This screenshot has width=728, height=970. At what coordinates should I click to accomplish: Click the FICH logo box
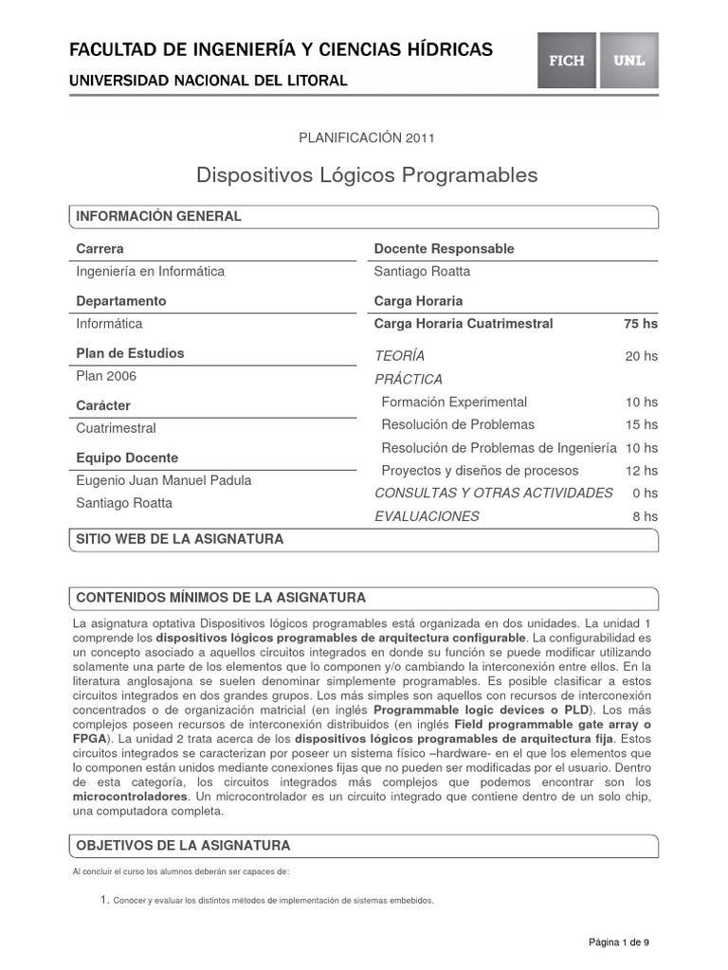pos(567,61)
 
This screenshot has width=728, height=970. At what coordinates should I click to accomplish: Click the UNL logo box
pos(628,61)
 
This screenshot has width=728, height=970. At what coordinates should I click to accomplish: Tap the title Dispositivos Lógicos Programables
pos(367,175)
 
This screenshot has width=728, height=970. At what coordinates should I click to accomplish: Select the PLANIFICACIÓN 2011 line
pos(367,137)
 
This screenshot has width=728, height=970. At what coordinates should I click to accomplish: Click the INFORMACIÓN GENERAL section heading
pos(159,217)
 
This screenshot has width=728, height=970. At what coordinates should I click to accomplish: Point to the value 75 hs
pos(640,324)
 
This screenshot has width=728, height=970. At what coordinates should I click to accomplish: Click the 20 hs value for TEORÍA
pos(642,356)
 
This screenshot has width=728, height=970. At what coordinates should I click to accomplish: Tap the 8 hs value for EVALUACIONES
pos(645,516)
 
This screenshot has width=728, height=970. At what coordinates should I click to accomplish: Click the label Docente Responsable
pos(445,249)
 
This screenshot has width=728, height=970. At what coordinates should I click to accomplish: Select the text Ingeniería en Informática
pos(151,272)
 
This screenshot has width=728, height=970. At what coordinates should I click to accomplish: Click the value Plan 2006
pos(106,376)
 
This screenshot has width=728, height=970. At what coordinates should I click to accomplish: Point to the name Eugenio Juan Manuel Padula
pos(164,480)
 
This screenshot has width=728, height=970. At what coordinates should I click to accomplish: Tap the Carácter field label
pos(103,405)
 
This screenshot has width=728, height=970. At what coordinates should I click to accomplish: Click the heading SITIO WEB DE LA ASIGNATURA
pos(180,539)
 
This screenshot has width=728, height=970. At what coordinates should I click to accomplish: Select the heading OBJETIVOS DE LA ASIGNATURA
pos(183,845)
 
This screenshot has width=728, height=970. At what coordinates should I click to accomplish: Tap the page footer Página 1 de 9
pos(619,943)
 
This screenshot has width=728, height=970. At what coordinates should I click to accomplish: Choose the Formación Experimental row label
pos(454,402)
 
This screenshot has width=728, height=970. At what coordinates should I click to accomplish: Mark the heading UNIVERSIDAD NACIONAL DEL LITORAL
pos(209,81)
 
